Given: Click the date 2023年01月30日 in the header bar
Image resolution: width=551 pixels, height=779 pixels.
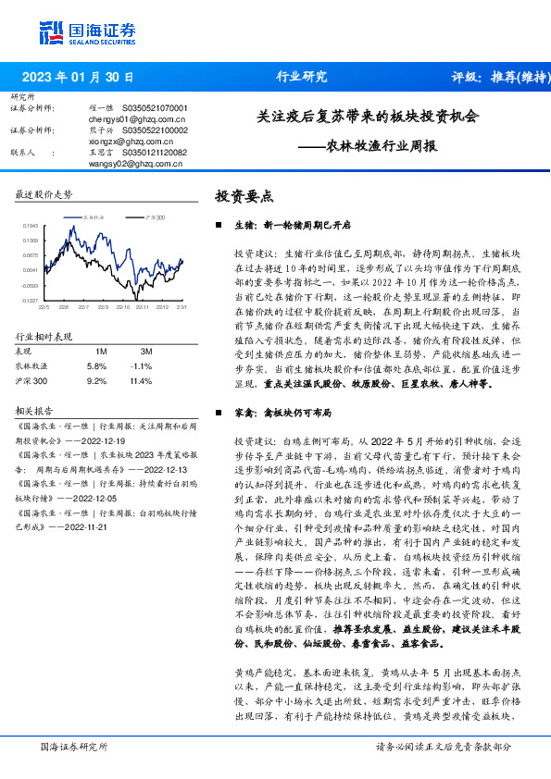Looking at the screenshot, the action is point(78,77).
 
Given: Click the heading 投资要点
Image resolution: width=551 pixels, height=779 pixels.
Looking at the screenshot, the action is point(244,196).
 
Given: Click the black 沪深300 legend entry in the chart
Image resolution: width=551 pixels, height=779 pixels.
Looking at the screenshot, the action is point(154,216).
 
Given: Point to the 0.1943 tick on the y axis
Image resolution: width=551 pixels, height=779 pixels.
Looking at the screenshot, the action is point(31,225).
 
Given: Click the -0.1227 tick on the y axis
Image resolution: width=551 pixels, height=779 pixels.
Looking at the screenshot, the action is point(31,301).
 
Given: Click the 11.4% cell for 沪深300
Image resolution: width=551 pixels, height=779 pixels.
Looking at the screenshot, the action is point(141,379).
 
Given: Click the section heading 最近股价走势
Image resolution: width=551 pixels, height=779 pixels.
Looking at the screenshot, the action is point(44,194).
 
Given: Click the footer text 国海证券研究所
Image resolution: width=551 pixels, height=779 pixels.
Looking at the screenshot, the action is point(74,746).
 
